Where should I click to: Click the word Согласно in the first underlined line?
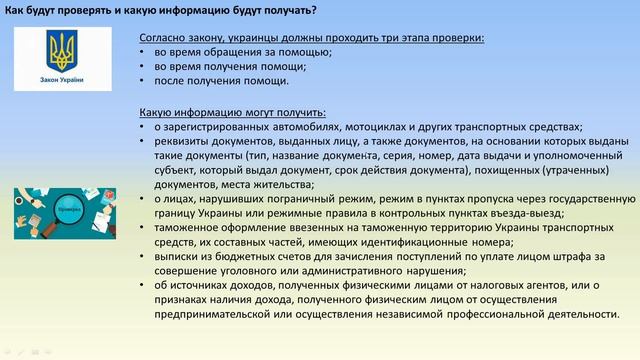[x=165, y=37]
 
